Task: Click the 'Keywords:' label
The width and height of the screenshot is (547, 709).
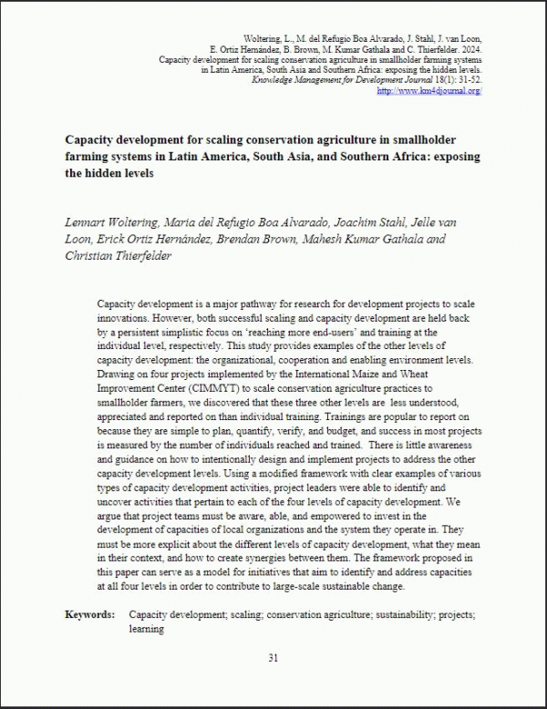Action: click(x=89, y=614)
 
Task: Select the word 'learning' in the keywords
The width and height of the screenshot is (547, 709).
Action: click(x=147, y=629)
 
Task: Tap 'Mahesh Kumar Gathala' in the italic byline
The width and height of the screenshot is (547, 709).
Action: click(x=353, y=239)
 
